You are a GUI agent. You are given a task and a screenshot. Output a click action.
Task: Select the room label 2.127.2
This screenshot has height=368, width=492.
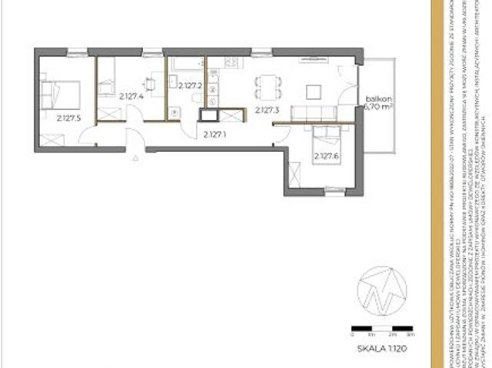pyautogui.click(x=189, y=87)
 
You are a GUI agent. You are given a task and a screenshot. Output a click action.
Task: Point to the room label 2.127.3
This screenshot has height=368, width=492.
pyautogui.click(x=266, y=111)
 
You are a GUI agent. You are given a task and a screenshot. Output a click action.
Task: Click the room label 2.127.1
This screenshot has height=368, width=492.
pyautogui.click(x=216, y=135)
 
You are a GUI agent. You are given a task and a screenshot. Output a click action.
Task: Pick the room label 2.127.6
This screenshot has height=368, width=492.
pyautogui.click(x=325, y=156)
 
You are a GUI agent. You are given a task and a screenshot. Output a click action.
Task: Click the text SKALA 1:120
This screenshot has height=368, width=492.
pyautogui.click(x=381, y=348)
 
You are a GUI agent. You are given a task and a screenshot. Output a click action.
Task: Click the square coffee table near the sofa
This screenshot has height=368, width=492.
pyautogui.click(x=314, y=91)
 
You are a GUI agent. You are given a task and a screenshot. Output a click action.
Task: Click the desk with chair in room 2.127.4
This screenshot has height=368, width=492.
pyautogui.click(x=155, y=81)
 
